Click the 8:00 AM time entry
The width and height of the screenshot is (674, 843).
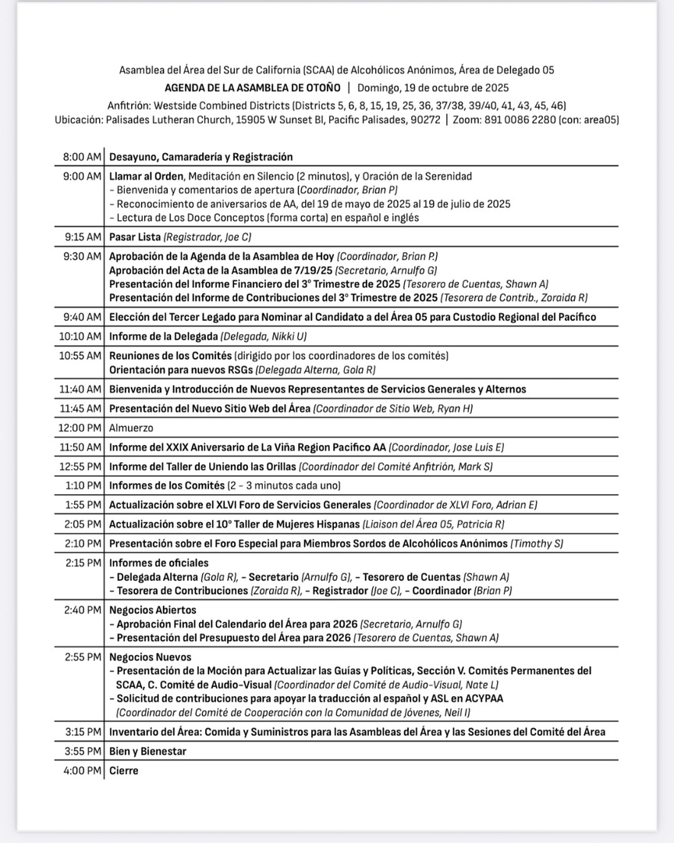point(82,157)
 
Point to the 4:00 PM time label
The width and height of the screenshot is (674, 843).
point(82,770)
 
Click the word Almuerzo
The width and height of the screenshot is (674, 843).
point(131,428)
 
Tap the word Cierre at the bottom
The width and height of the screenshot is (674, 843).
point(123,770)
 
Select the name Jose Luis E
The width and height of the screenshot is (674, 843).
point(475,447)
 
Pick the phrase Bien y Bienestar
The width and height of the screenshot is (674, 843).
point(147,752)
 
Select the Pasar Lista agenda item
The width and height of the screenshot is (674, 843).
point(135,237)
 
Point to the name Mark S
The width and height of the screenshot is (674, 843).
point(473,467)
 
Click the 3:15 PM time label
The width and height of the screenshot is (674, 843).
point(82,732)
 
